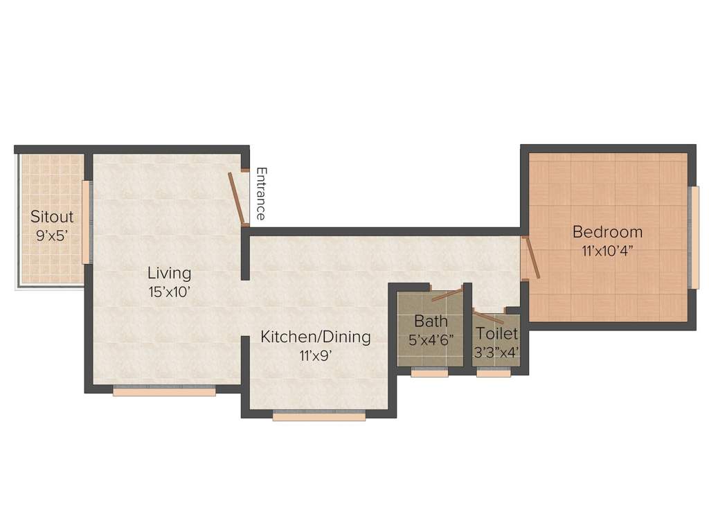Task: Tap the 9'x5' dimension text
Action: click(52, 235)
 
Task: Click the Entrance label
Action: click(261, 193)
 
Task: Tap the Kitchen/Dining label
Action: click(316, 337)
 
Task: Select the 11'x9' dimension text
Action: click(316, 355)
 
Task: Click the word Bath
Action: click(431, 321)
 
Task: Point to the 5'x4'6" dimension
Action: click(431, 340)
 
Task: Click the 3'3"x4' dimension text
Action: click(496, 352)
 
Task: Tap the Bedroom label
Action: click(607, 232)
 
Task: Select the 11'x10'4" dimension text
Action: click(607, 250)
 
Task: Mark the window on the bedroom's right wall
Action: click(693, 237)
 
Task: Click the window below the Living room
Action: click(164, 391)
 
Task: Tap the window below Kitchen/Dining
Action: click(318, 416)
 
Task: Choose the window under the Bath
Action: click(429, 373)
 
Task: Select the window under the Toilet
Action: click(494, 373)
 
